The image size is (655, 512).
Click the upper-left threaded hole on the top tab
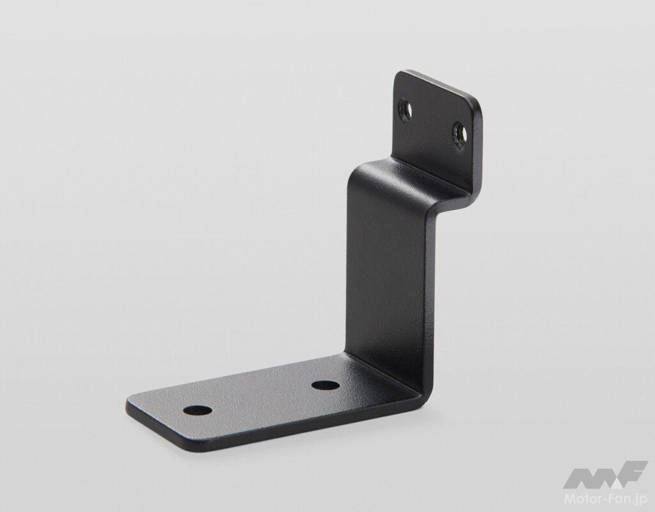pos(406,109)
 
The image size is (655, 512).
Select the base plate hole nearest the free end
pos(198,410)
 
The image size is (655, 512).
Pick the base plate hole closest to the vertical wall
pos(326,385)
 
